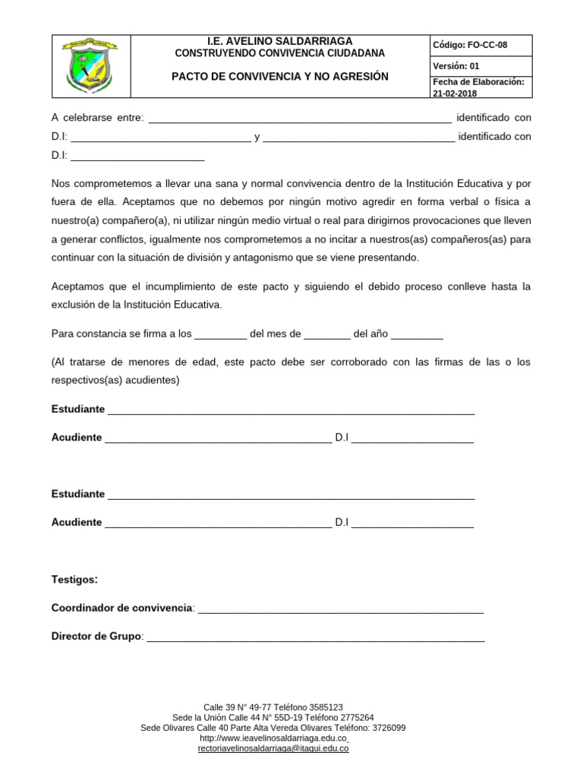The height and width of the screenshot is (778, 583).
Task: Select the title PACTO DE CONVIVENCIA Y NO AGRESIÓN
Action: [280, 77]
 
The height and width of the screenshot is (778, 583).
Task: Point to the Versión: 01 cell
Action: [457, 65]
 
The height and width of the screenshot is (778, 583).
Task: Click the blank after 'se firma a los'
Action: [221, 334]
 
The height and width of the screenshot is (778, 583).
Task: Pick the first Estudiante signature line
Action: [291, 411]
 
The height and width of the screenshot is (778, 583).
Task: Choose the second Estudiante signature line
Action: [291, 495]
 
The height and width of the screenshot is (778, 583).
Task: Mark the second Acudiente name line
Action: [218, 523]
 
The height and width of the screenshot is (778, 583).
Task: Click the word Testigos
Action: [74, 580]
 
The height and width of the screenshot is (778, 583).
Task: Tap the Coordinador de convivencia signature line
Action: [340, 609]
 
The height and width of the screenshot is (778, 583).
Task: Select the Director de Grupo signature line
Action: [315, 637]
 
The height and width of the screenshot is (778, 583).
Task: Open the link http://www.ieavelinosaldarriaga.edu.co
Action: [273, 738]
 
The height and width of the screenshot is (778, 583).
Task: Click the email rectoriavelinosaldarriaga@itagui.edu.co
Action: [273, 749]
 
